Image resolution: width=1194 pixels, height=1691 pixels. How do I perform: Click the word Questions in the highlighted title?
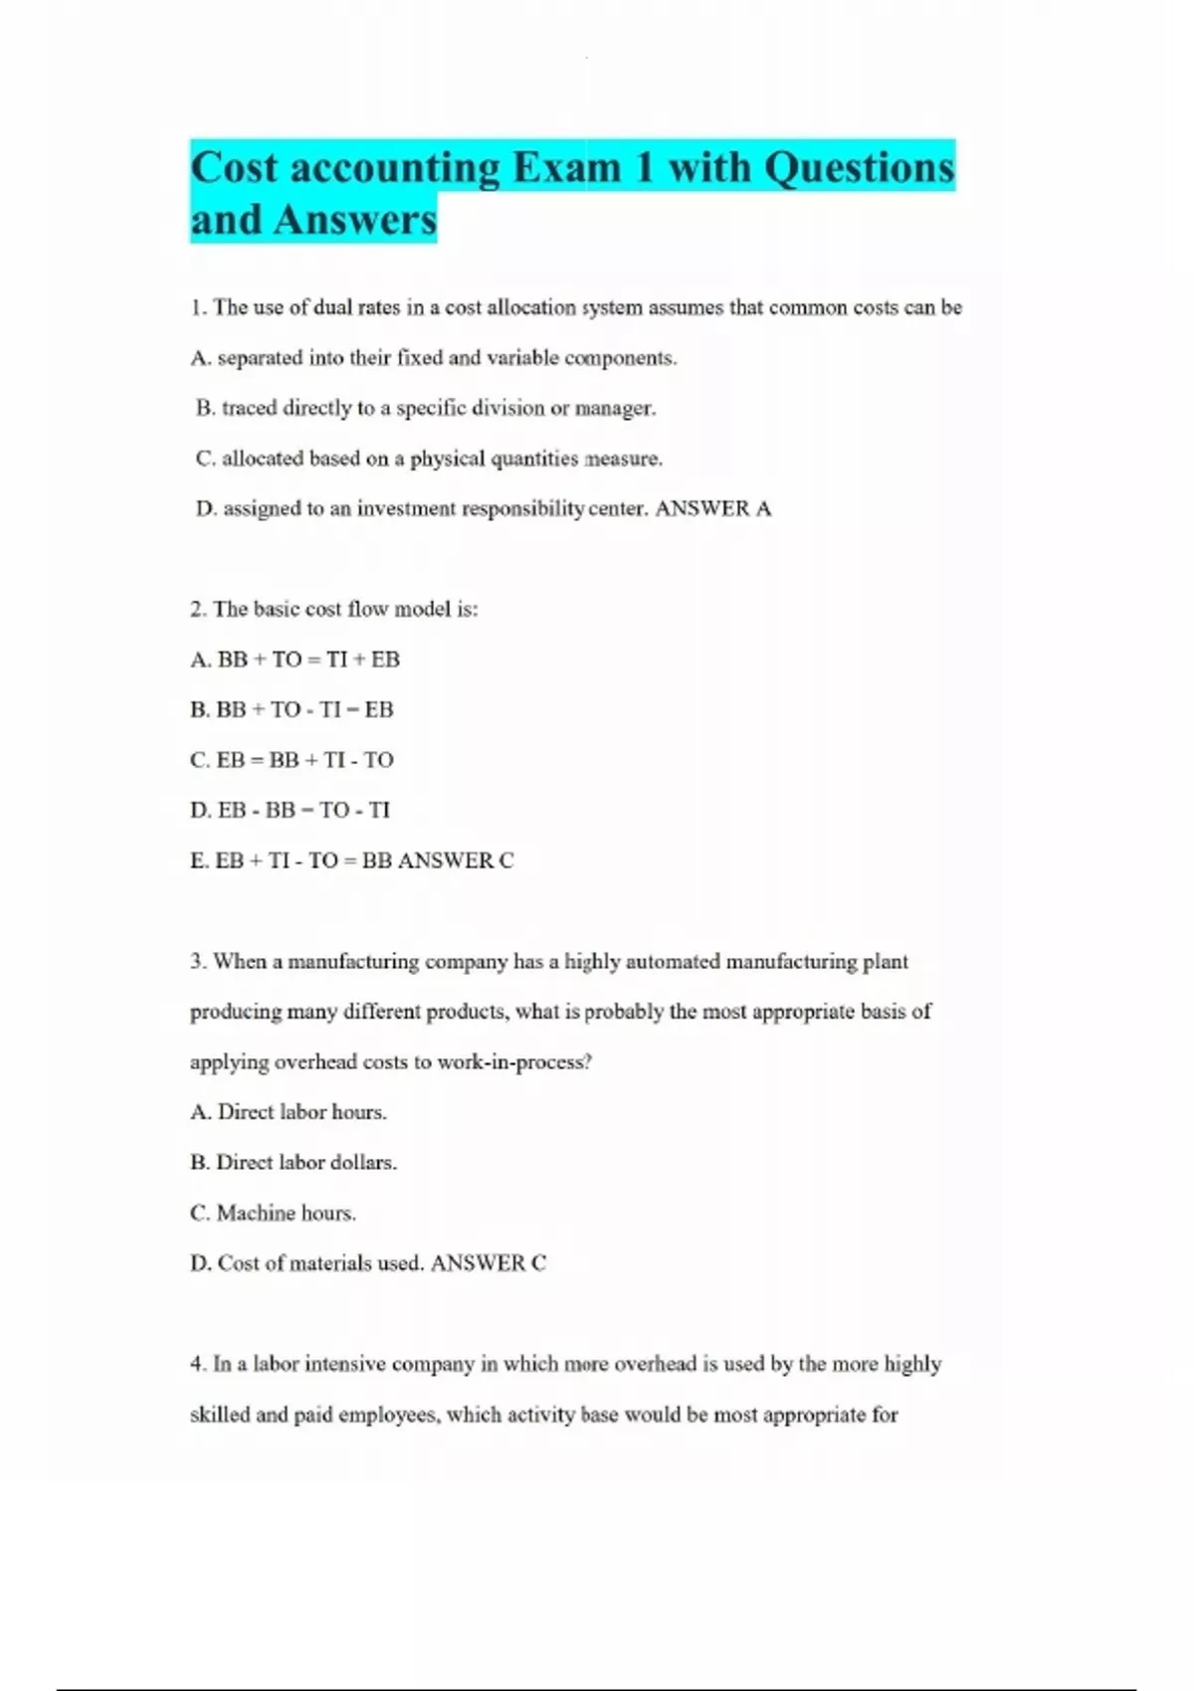click(859, 167)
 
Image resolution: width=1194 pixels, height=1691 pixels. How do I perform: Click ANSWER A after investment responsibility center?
click(712, 508)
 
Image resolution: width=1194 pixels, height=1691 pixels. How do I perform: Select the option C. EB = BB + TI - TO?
click(292, 760)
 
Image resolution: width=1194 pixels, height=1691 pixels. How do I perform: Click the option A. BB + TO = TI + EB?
click(295, 659)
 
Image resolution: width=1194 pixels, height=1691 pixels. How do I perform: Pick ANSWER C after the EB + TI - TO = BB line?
click(456, 860)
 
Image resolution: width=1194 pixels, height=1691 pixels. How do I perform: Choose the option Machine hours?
click(273, 1213)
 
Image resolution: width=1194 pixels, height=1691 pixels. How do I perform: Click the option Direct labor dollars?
click(294, 1162)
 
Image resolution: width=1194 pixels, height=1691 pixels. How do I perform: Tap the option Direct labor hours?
click(288, 1112)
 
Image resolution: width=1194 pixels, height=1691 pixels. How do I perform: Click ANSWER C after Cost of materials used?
click(489, 1263)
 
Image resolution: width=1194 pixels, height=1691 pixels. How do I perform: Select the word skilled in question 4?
click(219, 1414)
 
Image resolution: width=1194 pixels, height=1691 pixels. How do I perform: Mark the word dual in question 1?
click(333, 307)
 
